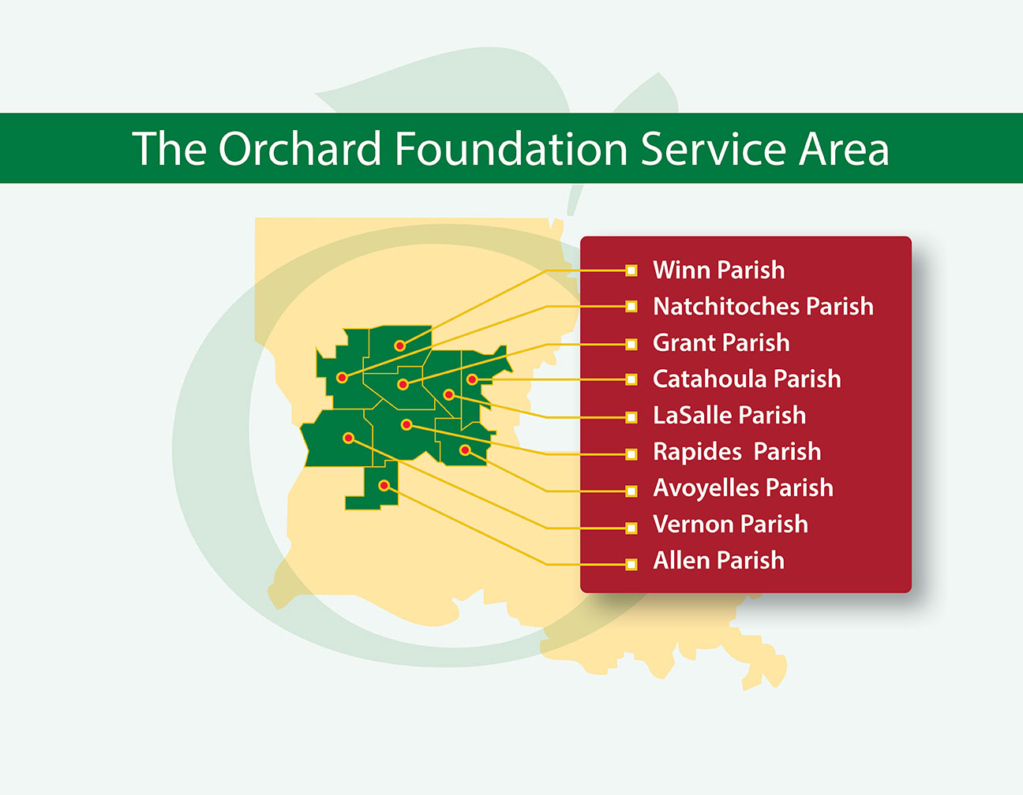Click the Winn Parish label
click(x=718, y=270)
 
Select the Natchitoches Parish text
click(x=763, y=306)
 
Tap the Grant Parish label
click(x=721, y=342)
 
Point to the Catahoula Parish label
click(x=747, y=379)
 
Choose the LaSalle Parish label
click(x=729, y=416)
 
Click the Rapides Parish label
click(x=736, y=452)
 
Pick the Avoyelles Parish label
click(x=743, y=488)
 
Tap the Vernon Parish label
click(x=730, y=524)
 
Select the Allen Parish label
click(x=718, y=560)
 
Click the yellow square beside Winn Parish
click(x=631, y=271)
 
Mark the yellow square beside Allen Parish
click(x=631, y=564)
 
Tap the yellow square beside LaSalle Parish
click(x=631, y=417)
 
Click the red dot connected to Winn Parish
click(x=399, y=345)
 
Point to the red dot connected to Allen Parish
click(x=384, y=486)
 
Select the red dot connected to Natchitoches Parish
click(x=343, y=377)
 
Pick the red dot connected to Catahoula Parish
click(x=472, y=379)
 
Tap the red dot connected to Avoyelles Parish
click(x=465, y=450)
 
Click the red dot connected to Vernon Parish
click(x=348, y=438)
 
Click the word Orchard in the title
click(x=299, y=148)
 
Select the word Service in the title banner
click(x=713, y=148)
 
